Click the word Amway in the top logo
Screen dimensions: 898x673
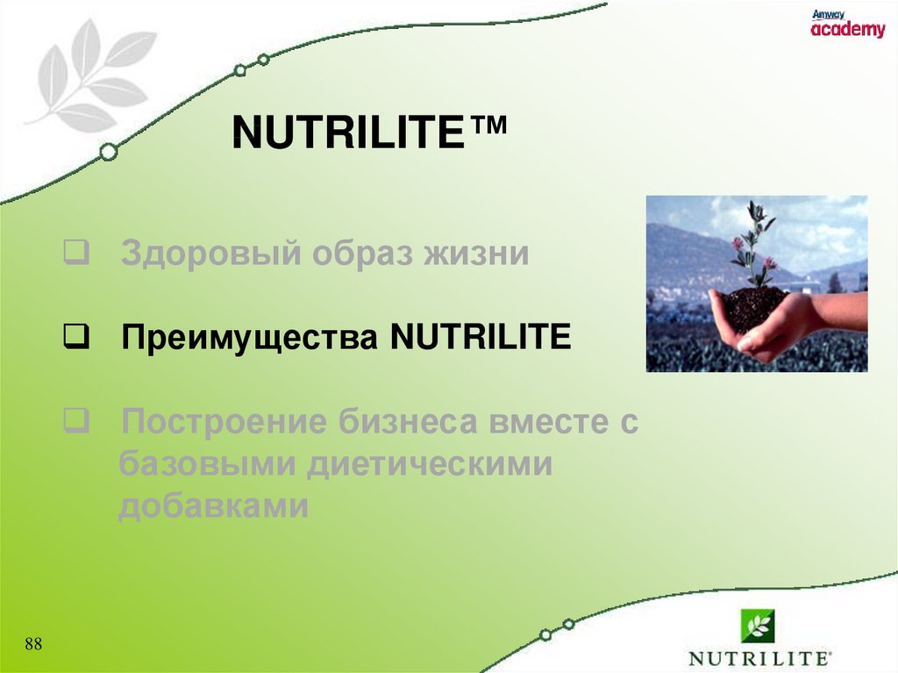pos(828,15)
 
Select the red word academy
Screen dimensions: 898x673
pos(848,29)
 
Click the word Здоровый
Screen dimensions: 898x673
pos(210,254)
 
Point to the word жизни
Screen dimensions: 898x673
pos(476,254)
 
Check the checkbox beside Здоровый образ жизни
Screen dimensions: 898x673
pos(76,252)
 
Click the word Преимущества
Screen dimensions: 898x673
pos(250,338)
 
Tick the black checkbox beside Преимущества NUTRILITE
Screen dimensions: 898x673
pos(76,337)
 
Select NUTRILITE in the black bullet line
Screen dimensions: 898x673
pos(481,337)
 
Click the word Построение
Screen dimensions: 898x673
pos(224,422)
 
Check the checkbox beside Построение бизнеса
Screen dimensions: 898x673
pos(76,421)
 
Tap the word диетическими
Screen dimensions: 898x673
pos(430,464)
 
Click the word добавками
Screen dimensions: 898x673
pos(214,505)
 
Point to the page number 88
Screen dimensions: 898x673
pos(33,644)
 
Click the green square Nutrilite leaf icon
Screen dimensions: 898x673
pos(758,626)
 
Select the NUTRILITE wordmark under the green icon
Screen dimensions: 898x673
pos(759,659)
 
